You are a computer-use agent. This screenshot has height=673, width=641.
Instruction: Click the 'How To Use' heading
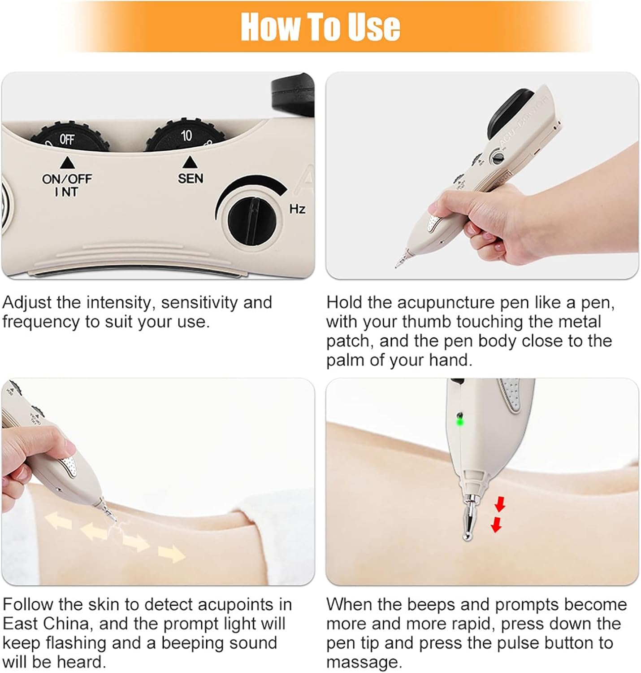tap(320, 27)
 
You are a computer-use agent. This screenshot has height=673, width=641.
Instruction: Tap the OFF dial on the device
tap(70, 136)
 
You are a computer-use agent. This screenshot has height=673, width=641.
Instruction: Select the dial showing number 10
tap(186, 135)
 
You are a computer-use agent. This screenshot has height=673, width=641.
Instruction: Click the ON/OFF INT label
tap(67, 185)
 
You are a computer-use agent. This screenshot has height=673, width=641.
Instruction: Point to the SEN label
tap(191, 179)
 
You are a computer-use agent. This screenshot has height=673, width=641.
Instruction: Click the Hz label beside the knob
tap(297, 209)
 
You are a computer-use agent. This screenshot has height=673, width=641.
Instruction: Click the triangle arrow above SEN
tap(190, 162)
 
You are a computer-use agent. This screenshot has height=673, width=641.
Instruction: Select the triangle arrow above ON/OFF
tap(67, 162)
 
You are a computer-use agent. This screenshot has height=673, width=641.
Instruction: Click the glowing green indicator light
tap(460, 421)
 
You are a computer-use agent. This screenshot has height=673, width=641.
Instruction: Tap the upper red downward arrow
tap(500, 505)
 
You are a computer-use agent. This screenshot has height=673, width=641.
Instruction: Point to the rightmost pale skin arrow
tap(173, 554)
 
